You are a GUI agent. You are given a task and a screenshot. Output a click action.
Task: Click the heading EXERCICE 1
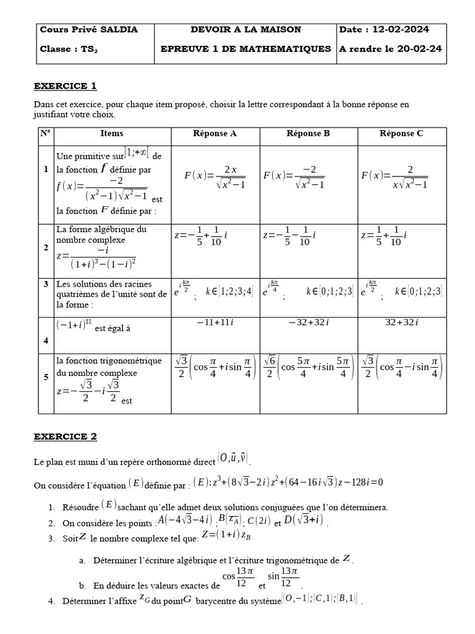click(x=65, y=86)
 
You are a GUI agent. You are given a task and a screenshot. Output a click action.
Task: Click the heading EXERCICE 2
click(x=65, y=436)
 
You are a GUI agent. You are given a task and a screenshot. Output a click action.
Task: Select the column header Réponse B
click(x=308, y=133)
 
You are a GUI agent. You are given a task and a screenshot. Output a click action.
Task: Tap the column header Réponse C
click(x=401, y=133)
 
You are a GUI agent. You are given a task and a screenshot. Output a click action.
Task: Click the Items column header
click(x=111, y=133)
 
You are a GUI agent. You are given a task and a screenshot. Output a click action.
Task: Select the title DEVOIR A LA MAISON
click(x=246, y=30)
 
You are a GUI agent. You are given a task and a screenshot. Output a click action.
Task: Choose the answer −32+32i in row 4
click(x=308, y=322)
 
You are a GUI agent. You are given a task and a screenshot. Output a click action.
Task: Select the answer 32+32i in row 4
click(x=401, y=322)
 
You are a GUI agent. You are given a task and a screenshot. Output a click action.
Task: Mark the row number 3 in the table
click(x=46, y=284)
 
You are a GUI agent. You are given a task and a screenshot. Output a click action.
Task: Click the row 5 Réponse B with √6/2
click(x=308, y=375)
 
